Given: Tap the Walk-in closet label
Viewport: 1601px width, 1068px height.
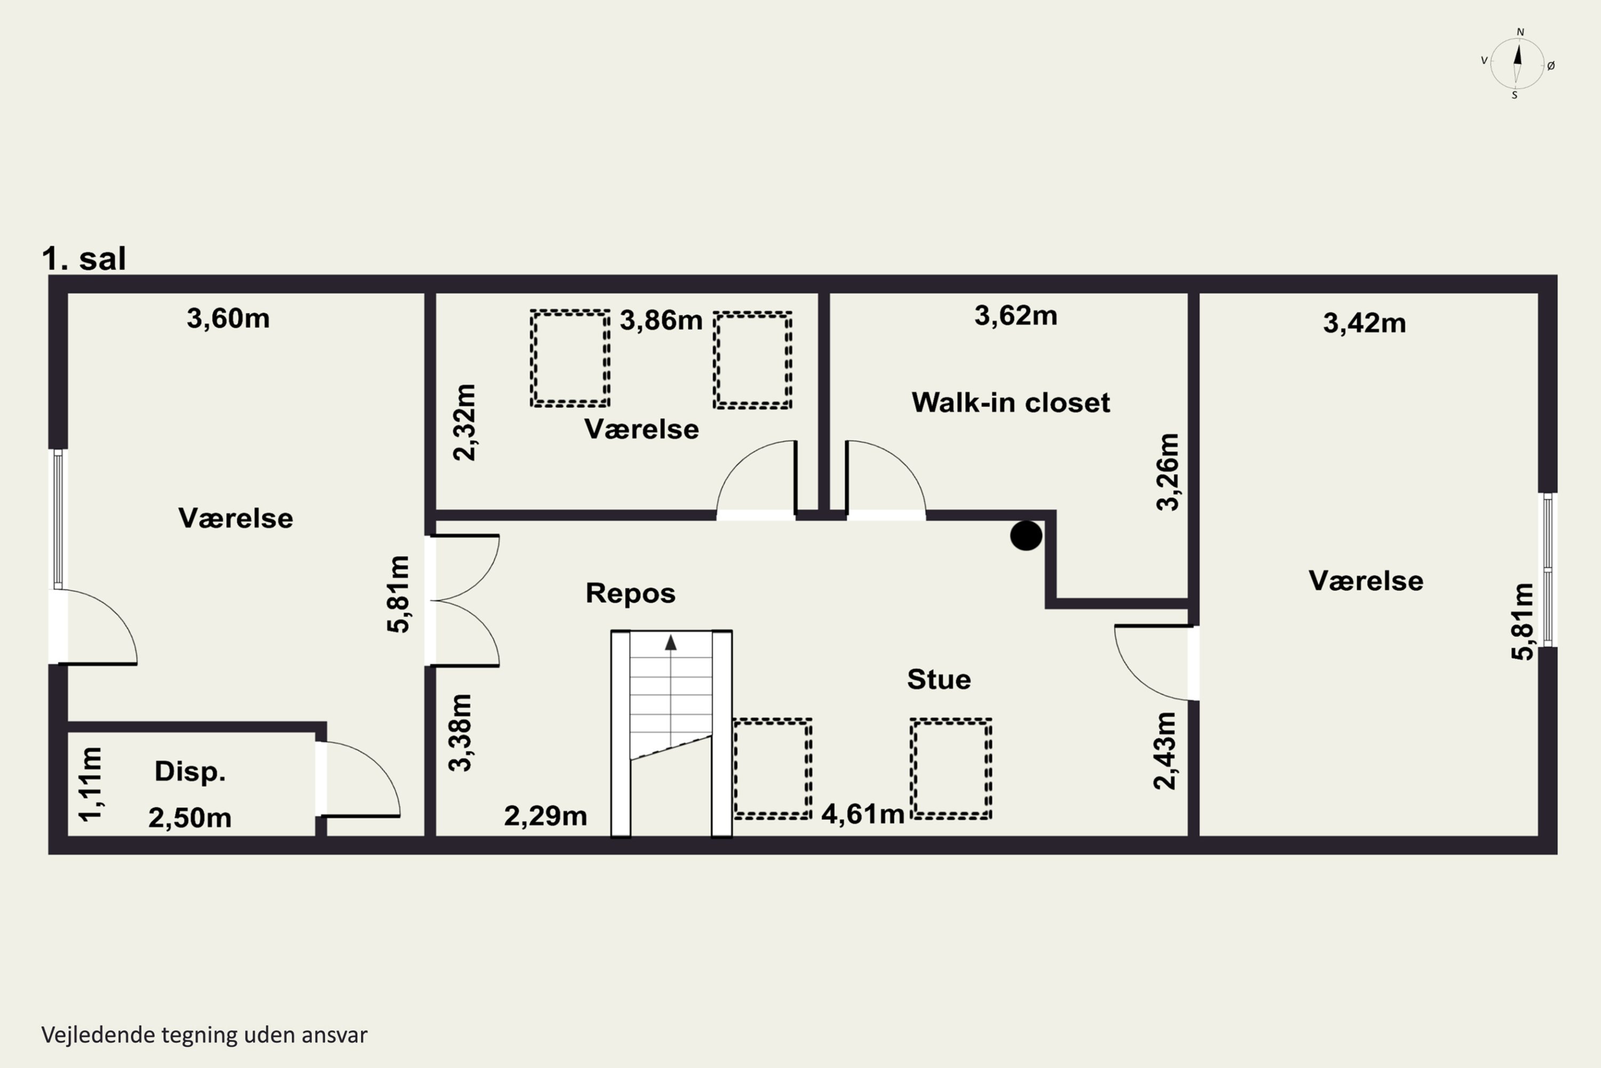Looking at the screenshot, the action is pyautogui.click(x=1011, y=403).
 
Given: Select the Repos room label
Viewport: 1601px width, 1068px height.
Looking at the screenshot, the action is pyautogui.click(x=630, y=593).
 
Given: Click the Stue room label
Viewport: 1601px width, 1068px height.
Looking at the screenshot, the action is pyautogui.click(x=939, y=679).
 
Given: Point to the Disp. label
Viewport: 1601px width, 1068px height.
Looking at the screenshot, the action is pyautogui.click(x=190, y=771).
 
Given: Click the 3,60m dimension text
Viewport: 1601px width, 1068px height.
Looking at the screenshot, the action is pyautogui.click(x=228, y=318).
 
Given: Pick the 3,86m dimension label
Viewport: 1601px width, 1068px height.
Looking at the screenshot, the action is pyautogui.click(x=661, y=320).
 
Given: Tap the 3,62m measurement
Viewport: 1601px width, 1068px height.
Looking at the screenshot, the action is pyautogui.click(x=1016, y=316).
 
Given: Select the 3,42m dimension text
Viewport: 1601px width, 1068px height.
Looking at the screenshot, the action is pyautogui.click(x=1364, y=323).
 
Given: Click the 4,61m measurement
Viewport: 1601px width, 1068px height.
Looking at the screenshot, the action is pyautogui.click(x=862, y=814).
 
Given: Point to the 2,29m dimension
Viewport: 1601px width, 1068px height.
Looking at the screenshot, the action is pyautogui.click(x=545, y=815).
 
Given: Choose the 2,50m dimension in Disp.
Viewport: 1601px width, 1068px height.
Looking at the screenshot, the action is pyautogui.click(x=190, y=818).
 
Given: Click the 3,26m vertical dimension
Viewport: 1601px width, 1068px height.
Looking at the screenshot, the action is pyautogui.click(x=1168, y=472).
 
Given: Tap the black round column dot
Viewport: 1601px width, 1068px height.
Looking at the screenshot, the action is pyautogui.click(x=1026, y=536).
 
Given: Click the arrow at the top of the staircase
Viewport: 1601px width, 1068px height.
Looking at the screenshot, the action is pyautogui.click(x=670, y=642).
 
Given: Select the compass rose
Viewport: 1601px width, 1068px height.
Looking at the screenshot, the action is pyautogui.click(x=1517, y=64).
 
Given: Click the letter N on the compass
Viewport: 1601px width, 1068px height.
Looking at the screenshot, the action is pyautogui.click(x=1520, y=32).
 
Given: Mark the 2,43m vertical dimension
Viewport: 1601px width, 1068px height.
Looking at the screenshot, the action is pyautogui.click(x=1164, y=751).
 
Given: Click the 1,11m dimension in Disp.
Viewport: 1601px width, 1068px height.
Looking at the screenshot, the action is pyautogui.click(x=91, y=784).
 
